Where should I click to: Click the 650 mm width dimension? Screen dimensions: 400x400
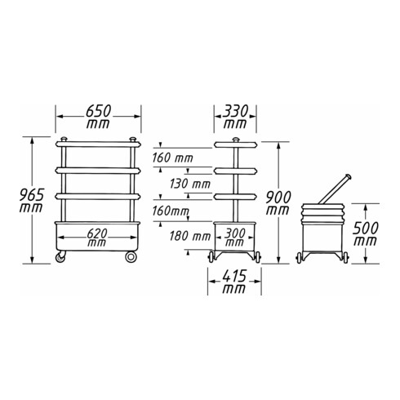98,117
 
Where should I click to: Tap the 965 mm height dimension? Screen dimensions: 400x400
31,201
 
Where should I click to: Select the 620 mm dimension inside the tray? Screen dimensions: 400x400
97,238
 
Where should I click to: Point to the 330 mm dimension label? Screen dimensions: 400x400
235,117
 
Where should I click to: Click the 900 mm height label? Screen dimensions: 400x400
278,203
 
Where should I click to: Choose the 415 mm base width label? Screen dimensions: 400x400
234,282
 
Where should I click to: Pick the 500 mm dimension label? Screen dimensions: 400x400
365,233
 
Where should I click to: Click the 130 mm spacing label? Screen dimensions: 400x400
190,184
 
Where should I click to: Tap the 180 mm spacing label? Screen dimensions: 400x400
190,236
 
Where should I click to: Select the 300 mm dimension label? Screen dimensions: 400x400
235,238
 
